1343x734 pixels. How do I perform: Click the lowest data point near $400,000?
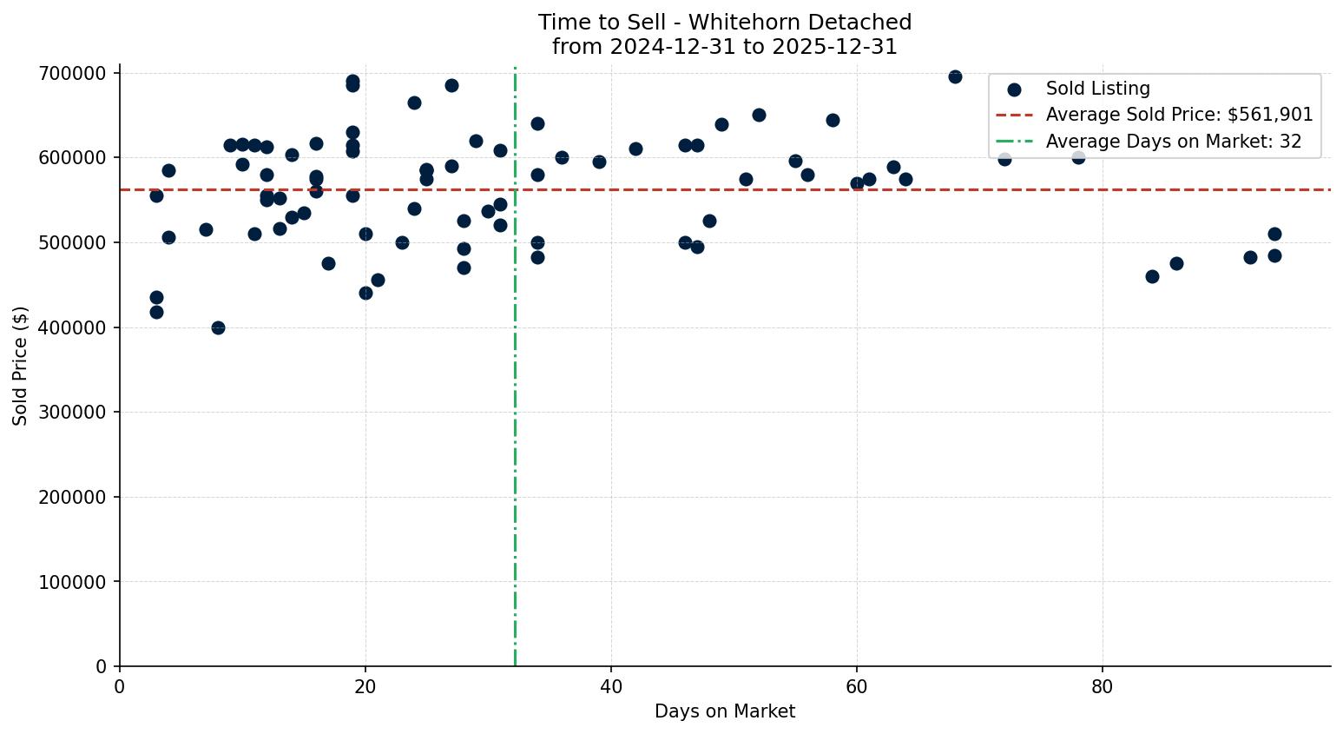218,327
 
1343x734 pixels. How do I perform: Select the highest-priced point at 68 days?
955,76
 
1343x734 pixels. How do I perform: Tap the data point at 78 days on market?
1078,157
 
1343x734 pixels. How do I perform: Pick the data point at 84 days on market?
1152,276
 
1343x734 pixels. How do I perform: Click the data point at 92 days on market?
1250,257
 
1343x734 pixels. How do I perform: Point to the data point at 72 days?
1004,159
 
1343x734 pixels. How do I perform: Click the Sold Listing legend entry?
1097,89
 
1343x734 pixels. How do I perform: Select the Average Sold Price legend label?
1179,115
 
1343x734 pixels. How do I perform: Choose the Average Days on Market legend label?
1173,142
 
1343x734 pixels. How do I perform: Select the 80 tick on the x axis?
1103,686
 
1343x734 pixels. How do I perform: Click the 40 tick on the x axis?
611,686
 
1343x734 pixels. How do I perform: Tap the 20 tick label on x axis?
365,686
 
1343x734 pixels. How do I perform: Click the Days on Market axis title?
725,711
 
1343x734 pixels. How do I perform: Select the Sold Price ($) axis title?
21,366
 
